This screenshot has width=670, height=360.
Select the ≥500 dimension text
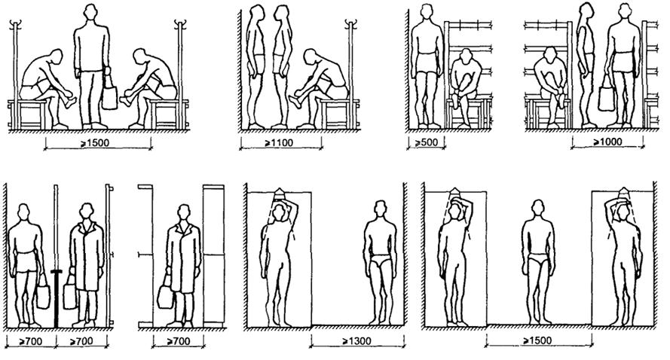(427, 142)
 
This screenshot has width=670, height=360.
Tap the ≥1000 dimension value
(607, 142)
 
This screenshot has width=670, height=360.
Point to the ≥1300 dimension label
(356, 340)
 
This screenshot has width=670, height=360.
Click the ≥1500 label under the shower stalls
(537, 340)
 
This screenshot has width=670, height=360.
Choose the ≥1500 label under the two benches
(94, 143)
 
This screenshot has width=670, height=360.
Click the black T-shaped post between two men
(56, 298)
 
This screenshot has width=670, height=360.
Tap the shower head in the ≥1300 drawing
(279, 193)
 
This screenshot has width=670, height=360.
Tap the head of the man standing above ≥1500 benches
(90, 11)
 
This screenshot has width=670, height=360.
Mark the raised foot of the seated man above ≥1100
(295, 101)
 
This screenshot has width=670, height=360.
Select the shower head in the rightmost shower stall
(623, 193)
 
